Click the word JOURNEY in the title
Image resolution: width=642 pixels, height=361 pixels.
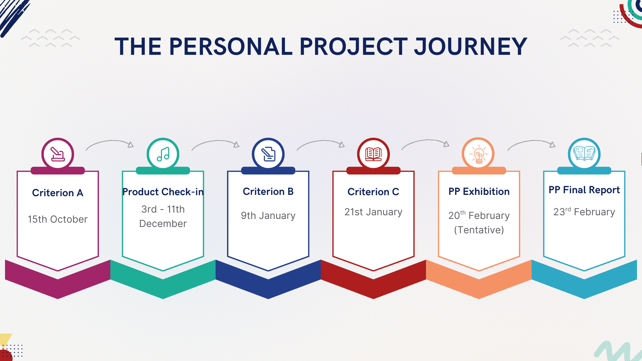[x=470, y=46]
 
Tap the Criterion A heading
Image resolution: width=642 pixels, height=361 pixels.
[x=58, y=193]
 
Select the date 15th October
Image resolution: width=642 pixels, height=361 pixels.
[x=58, y=219]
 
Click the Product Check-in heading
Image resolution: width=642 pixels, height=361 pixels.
[x=163, y=192]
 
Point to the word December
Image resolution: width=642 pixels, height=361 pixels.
[x=163, y=224]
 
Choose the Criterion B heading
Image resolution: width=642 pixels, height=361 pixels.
[x=268, y=192]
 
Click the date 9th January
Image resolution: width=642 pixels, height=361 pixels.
[x=268, y=216]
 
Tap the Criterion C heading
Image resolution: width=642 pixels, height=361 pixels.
[x=373, y=192]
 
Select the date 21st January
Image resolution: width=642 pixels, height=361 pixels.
[x=373, y=212]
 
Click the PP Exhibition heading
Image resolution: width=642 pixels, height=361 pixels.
[x=479, y=192]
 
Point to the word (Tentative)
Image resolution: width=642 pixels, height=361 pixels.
[x=479, y=230]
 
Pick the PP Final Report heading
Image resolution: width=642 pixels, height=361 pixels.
[x=584, y=190]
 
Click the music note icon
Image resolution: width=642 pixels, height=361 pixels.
[x=163, y=154]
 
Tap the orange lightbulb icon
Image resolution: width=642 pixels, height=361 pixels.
[x=478, y=154]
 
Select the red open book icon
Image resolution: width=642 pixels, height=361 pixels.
[x=373, y=154]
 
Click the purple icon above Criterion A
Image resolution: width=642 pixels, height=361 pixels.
[x=58, y=154]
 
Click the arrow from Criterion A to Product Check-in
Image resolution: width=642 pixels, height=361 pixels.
[x=110, y=143]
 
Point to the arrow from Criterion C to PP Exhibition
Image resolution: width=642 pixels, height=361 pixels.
[x=426, y=142]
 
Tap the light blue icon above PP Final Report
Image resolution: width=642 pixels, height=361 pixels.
[x=584, y=154]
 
